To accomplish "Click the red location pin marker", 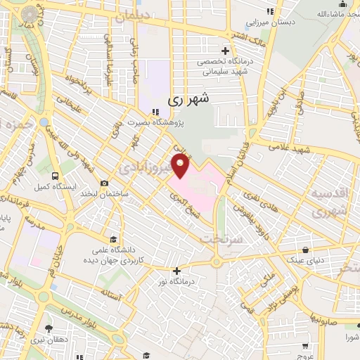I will coord(181,167).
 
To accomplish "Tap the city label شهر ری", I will coord(188,101).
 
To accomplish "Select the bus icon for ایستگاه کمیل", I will coord(55,176).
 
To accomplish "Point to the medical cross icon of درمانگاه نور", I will coord(176,271).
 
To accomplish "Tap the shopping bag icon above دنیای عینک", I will coord(304,250).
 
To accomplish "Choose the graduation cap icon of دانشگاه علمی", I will coord(113,239).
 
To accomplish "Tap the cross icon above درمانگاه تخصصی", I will coord(225,51).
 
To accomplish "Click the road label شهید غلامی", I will coord(303,150).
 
